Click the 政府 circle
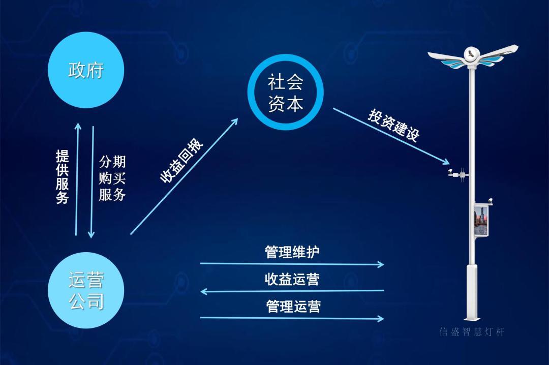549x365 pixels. [86, 70]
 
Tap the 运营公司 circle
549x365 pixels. [86, 290]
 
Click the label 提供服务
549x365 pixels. [63, 177]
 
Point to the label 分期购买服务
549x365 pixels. [112, 178]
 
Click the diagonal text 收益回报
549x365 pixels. [181, 160]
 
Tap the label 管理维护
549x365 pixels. [292, 252]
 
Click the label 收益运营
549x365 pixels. [292, 279]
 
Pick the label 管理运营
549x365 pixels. [293, 306]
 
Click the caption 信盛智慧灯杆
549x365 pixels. [472, 332]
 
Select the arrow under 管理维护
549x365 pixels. [292, 264]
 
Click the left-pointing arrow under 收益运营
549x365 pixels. [292, 291]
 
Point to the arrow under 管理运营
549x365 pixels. [292, 318]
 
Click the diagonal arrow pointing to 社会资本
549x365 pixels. [184, 176]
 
